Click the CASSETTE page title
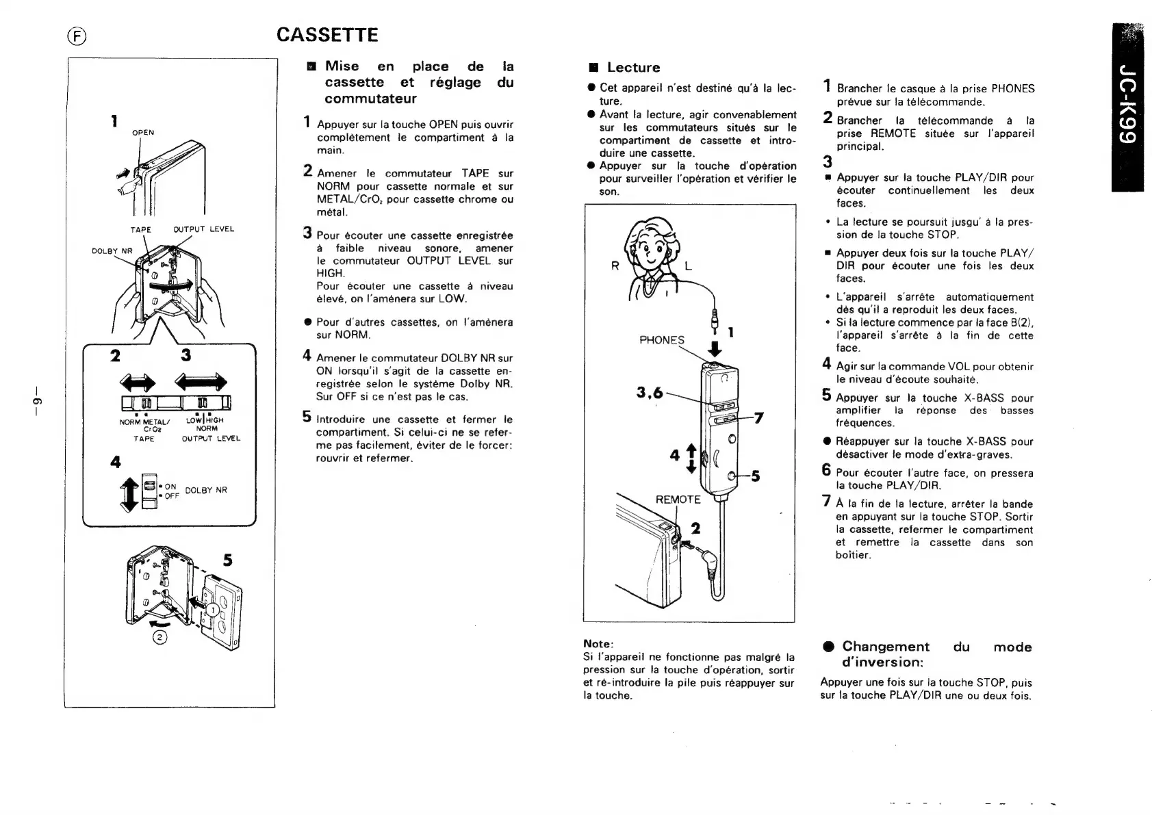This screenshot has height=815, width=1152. click(x=327, y=35)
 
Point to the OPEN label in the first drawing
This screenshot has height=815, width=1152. click(x=143, y=133)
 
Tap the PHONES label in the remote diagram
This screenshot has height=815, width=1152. click(x=661, y=340)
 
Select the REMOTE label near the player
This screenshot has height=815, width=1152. click(x=678, y=500)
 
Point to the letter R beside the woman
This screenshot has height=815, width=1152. click(x=615, y=266)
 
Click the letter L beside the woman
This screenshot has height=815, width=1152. click(x=688, y=266)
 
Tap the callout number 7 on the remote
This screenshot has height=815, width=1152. click(x=758, y=417)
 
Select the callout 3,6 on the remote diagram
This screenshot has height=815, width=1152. click(x=650, y=392)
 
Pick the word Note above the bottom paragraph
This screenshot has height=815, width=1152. click(x=598, y=644)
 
